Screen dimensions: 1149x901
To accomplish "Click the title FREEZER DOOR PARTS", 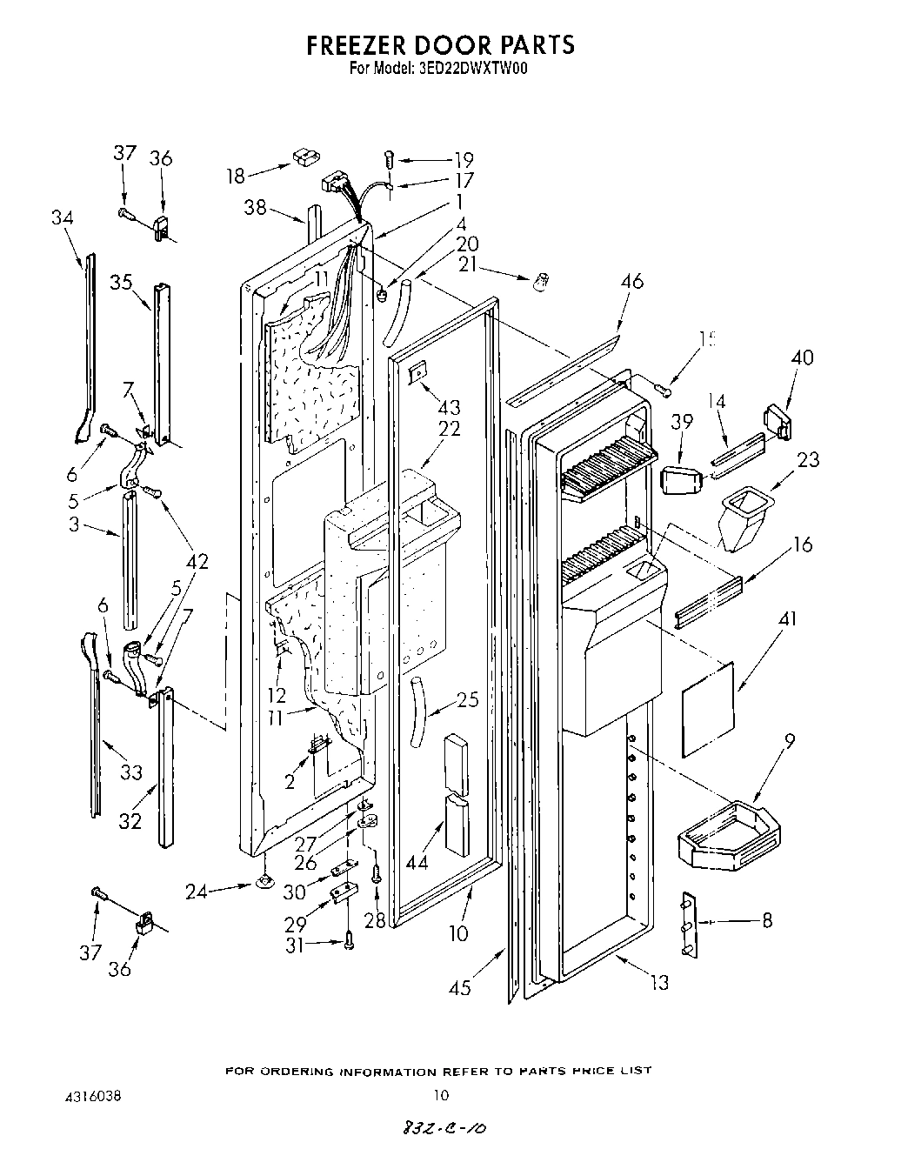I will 440,45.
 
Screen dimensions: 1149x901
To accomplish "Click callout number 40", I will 802,357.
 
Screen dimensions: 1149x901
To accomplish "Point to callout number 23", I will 808,459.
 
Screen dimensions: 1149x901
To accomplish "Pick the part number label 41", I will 787,619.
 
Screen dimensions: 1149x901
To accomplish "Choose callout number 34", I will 62,217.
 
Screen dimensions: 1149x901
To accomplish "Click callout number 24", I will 197,891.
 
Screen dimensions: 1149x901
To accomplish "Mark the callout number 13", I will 660,983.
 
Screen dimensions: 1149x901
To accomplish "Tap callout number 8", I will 766,920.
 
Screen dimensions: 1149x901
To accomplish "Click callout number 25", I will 468,698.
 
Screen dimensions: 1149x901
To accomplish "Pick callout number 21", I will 470,264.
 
